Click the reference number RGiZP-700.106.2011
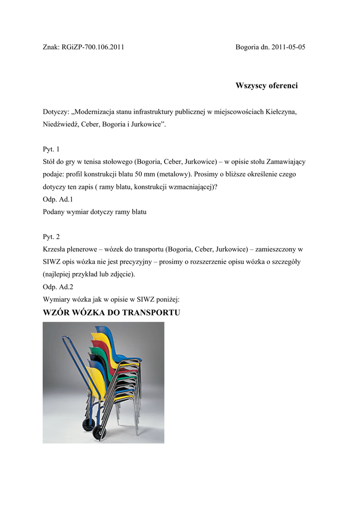click(93, 47)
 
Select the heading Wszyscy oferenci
click(267, 86)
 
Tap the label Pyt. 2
click(51, 237)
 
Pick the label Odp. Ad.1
click(58, 200)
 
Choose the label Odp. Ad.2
click(58, 287)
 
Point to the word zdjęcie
click(121, 274)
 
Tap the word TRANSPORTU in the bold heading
click(151, 313)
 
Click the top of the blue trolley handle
click(65, 339)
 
